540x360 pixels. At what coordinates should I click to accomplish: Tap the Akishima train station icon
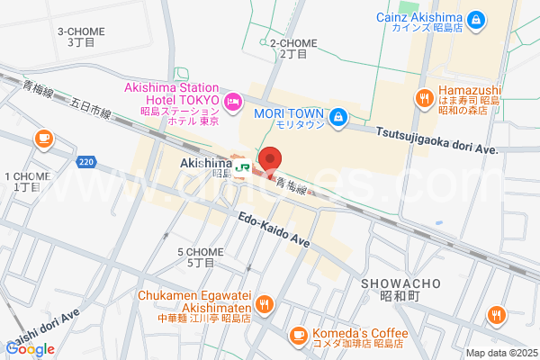pos(241,166)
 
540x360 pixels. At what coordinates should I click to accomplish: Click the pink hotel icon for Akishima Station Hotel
pos(233,103)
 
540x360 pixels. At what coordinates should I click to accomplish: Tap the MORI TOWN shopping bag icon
pos(337,116)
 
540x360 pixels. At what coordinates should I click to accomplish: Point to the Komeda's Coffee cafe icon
pos(298,335)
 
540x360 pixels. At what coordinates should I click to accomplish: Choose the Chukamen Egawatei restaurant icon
pos(263,304)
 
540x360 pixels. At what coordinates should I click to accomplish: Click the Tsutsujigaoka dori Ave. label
pos(436,138)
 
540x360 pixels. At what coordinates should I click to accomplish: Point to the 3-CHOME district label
pos(81,37)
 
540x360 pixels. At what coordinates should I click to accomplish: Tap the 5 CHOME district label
pos(200,257)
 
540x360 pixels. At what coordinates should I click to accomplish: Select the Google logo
pos(31,348)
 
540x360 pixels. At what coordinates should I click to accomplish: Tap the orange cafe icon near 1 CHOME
pos(41,138)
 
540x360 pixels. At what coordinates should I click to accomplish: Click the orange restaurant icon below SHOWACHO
pos(496,315)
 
